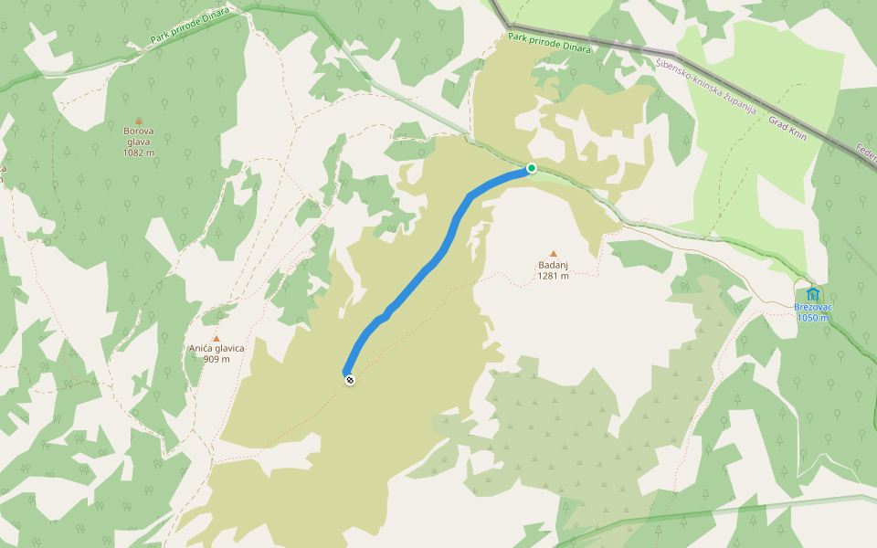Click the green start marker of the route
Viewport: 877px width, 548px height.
(x=531, y=168)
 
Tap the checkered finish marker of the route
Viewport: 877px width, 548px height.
(x=349, y=379)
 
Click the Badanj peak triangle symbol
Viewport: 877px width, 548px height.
(x=553, y=254)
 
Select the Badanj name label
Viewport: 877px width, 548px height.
(x=553, y=266)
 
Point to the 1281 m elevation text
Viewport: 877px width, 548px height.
(x=553, y=276)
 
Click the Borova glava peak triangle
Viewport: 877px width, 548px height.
(x=139, y=120)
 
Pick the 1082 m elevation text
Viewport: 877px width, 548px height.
(x=139, y=153)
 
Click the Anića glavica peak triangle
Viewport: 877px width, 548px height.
(x=217, y=338)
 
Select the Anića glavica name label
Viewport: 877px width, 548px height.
(x=217, y=349)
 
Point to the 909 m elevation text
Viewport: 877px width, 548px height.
(x=217, y=359)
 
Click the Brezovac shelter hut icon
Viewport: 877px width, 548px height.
(x=812, y=294)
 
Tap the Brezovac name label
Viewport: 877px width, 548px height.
(x=812, y=308)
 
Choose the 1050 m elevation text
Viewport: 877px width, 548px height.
(x=812, y=318)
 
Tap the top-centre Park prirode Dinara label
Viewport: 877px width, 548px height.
(x=549, y=42)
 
